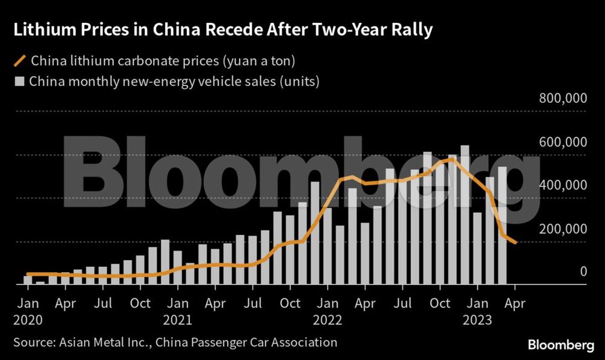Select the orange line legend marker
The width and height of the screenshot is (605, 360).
[x=20, y=61]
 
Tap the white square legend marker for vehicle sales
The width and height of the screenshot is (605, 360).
[x=20, y=81]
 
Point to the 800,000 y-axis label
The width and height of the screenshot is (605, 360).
[x=563, y=99]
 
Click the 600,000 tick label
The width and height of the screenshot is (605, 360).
[x=563, y=142]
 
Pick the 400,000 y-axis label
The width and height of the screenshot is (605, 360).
[x=563, y=185]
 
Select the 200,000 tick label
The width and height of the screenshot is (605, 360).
[x=563, y=229]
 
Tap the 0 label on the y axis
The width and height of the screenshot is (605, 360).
[x=583, y=272]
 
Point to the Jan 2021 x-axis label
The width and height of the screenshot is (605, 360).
[x=178, y=310]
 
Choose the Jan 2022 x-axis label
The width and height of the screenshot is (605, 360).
[x=328, y=310]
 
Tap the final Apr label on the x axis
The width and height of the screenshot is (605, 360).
[x=515, y=303]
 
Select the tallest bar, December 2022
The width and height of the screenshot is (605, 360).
[x=465, y=215]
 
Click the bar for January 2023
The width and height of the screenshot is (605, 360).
[x=477, y=248]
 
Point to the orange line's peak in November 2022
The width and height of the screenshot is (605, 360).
[x=452, y=159]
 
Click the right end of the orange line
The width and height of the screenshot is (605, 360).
[x=515, y=243]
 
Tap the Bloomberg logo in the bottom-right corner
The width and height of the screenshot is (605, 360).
[x=561, y=345]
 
